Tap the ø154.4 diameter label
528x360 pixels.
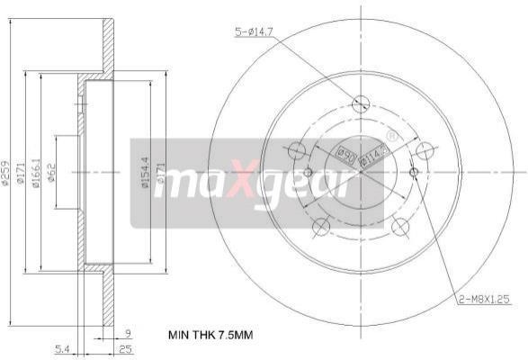[143, 171]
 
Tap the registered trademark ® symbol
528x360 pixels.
[390, 136]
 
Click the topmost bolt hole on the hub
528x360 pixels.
[362, 102]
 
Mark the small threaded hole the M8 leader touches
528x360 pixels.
[414, 172]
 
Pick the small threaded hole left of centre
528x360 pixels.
[307, 172]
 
